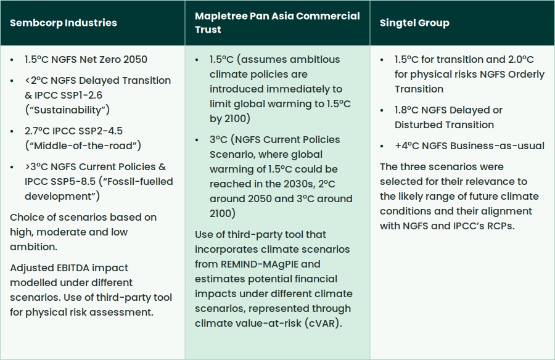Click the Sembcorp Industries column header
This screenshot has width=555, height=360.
(64, 23)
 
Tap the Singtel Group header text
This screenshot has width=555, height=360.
(414, 23)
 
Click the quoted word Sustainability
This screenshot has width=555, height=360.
(67, 110)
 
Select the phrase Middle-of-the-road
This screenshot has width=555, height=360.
(83, 146)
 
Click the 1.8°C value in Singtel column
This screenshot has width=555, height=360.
(408, 110)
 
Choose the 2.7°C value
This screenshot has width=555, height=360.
(37, 131)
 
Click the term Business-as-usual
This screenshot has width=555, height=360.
(497, 146)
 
